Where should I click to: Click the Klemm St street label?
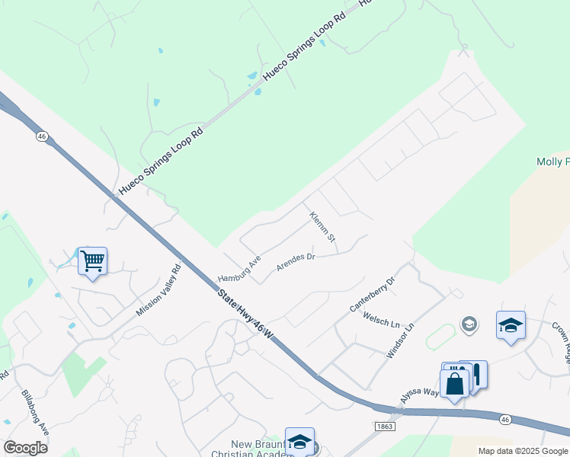click(323, 228)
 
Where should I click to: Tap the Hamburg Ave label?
click(239, 268)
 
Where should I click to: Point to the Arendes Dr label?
click(296, 262)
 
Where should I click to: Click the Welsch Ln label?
click(382, 318)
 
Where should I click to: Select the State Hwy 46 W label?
click(245, 312)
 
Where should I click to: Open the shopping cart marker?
click(92, 261)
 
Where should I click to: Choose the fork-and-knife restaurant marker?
click(474, 374)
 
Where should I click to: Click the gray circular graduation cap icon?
click(469, 325)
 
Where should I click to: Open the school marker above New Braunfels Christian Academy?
click(299, 441)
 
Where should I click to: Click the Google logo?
click(25, 448)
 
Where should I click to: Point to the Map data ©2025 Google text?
click(524, 451)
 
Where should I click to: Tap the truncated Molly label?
click(552, 161)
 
